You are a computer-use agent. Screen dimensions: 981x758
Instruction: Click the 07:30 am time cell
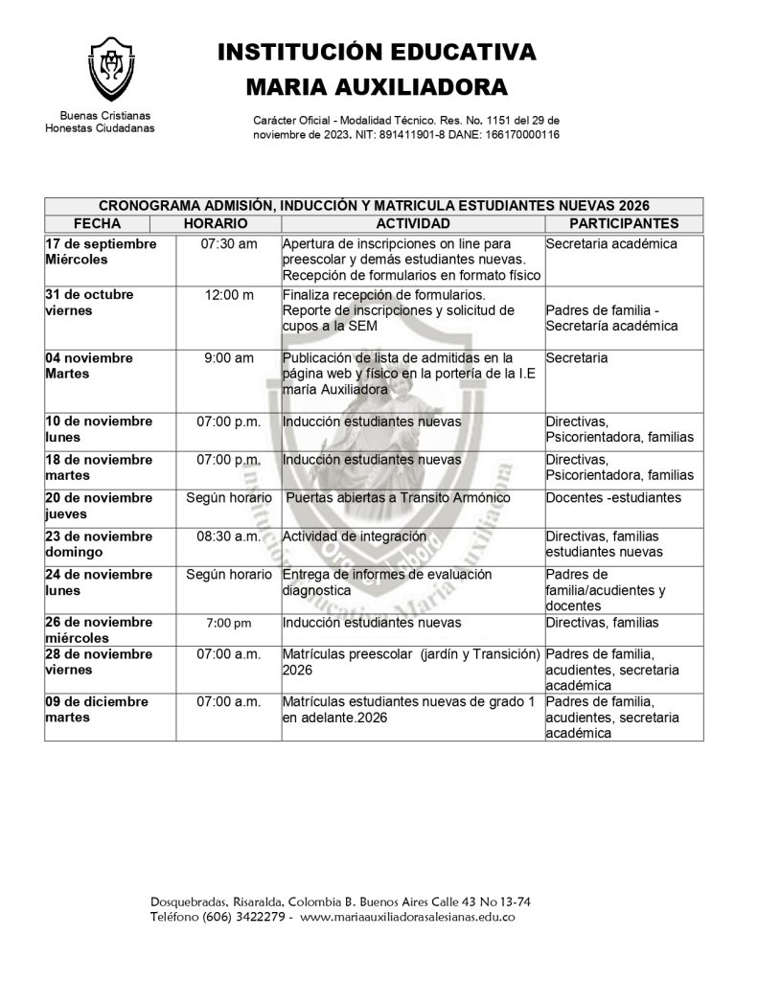pos(229,244)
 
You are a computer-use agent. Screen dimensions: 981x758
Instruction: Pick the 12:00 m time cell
pos(229,294)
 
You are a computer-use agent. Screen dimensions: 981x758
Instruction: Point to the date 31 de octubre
pos(90,294)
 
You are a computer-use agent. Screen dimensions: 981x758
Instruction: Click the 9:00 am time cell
pos(229,358)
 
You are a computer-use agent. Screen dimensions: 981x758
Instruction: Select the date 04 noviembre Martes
pos(90,365)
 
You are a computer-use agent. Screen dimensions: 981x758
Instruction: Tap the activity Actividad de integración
pos(355,536)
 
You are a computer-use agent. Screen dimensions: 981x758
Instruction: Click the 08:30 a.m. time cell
pos(229,536)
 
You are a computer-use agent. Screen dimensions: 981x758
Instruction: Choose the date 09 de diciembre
pos(97,701)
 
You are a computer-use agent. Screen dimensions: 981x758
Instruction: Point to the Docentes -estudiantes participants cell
pos(613,497)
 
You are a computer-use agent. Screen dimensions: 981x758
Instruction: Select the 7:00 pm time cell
pos(229,624)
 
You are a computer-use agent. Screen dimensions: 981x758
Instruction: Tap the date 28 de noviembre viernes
pos(99,661)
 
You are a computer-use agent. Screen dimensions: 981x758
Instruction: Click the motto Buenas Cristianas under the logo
pos(99,115)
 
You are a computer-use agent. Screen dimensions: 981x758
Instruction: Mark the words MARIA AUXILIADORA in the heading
pos(377,88)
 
